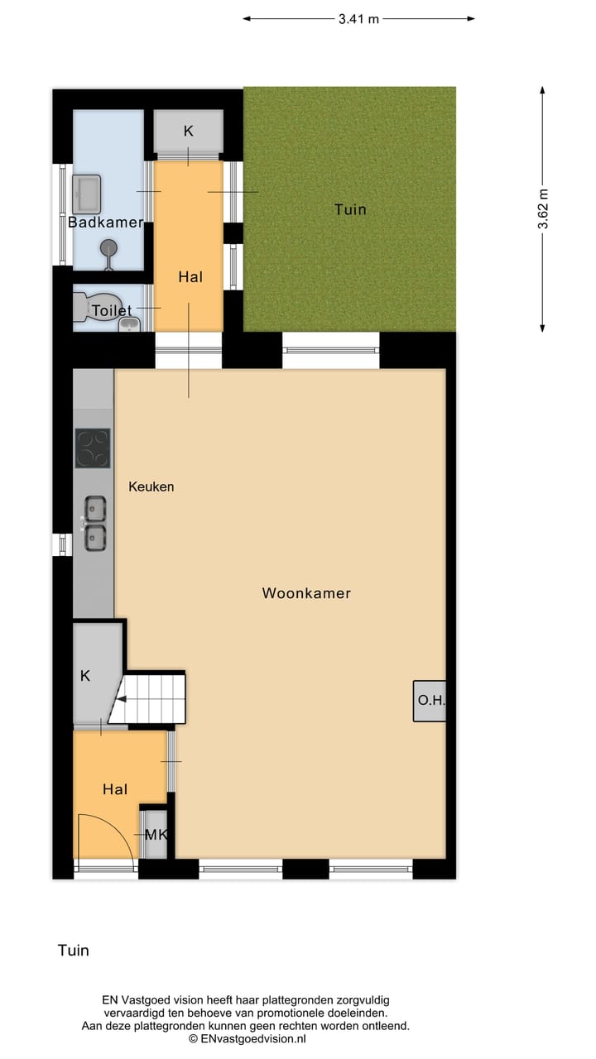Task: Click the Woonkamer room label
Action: (306, 593)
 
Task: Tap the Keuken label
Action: (151, 486)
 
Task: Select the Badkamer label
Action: (105, 223)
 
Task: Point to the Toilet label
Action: (112, 311)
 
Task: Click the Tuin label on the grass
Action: (350, 209)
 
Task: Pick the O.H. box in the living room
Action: (430, 701)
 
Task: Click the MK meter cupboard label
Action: (156, 835)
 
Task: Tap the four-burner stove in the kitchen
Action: (92, 448)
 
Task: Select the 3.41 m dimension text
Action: (358, 19)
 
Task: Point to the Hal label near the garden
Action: (190, 277)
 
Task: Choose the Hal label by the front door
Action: (115, 790)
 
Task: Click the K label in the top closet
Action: (188, 131)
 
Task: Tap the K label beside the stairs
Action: (84, 676)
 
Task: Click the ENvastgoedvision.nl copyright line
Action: (248, 1038)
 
